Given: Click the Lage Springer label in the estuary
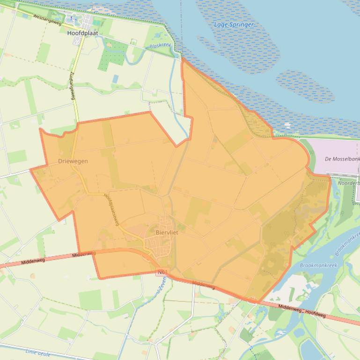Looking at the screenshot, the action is (x=234, y=24).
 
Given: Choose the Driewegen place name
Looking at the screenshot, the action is (x=73, y=161).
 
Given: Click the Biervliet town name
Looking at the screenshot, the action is (x=167, y=232).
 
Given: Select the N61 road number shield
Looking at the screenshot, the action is (x=162, y=272).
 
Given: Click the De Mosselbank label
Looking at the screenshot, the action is (x=342, y=159).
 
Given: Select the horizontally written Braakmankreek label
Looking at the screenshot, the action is (x=318, y=265).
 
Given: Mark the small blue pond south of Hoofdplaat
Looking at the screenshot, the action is (x=115, y=79).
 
